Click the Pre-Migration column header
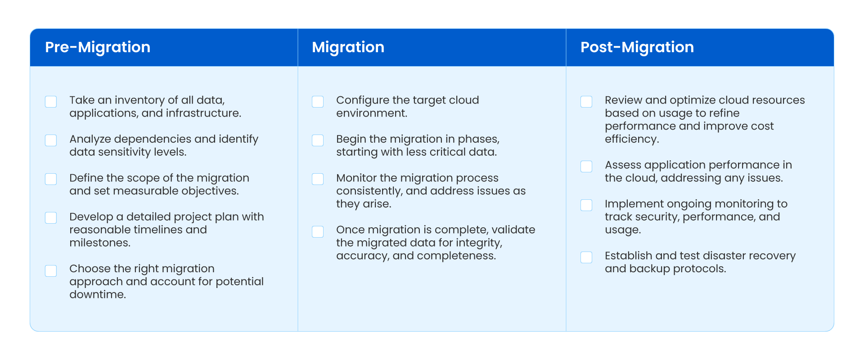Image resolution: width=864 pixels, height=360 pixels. (x=98, y=47)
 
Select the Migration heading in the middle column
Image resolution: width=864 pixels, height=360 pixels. (x=348, y=47)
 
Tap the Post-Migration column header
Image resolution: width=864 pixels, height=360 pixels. (x=637, y=47)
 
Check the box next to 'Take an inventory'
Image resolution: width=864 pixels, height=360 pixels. (x=51, y=102)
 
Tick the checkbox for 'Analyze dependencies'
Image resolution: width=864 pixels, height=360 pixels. (x=51, y=140)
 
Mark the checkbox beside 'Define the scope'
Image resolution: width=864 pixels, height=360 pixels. (x=51, y=179)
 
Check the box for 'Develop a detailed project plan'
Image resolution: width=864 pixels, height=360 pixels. (x=51, y=218)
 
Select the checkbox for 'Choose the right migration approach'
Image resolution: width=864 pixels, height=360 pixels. (x=51, y=270)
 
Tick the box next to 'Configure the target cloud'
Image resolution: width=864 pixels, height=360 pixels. (x=318, y=102)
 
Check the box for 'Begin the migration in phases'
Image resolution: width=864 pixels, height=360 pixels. (x=318, y=140)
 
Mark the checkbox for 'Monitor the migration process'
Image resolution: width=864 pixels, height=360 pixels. (x=318, y=179)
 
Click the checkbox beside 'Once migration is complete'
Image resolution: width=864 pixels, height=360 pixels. (x=318, y=232)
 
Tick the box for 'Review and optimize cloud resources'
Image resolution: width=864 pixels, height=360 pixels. (x=586, y=102)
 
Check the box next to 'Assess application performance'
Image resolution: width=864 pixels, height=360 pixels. (x=586, y=166)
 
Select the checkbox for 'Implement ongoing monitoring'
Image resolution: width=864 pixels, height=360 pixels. (x=586, y=205)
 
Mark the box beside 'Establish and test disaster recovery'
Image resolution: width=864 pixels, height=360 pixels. (x=586, y=257)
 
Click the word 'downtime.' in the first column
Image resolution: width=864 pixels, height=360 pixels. (x=98, y=295)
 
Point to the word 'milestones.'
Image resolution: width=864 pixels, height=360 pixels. (x=100, y=243)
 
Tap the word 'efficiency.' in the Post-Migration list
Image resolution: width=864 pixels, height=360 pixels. (x=632, y=139)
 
